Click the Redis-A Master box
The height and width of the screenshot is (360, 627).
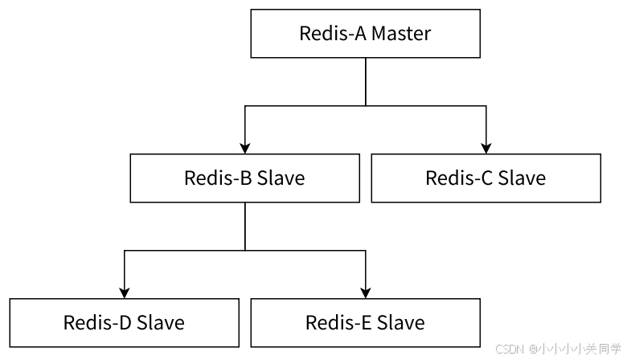click(365, 34)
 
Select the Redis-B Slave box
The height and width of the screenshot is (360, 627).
click(244, 178)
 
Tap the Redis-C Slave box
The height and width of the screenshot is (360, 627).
click(486, 178)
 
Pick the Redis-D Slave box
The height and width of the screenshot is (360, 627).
click(124, 322)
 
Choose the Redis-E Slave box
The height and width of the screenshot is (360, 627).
click(365, 322)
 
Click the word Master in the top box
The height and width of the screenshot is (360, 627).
click(401, 34)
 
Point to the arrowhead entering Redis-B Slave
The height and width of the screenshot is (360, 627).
click(244, 148)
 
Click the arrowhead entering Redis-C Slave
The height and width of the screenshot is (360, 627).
click(486, 148)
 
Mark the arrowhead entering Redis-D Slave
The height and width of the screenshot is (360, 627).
click(124, 292)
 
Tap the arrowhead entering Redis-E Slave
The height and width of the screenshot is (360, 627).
click(365, 292)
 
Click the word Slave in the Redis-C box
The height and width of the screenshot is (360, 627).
click(521, 178)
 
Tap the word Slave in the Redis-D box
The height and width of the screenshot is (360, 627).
click(160, 322)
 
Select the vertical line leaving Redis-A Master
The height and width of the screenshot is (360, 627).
click(365, 80)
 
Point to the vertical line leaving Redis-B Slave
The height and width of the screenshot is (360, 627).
click(244, 225)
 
